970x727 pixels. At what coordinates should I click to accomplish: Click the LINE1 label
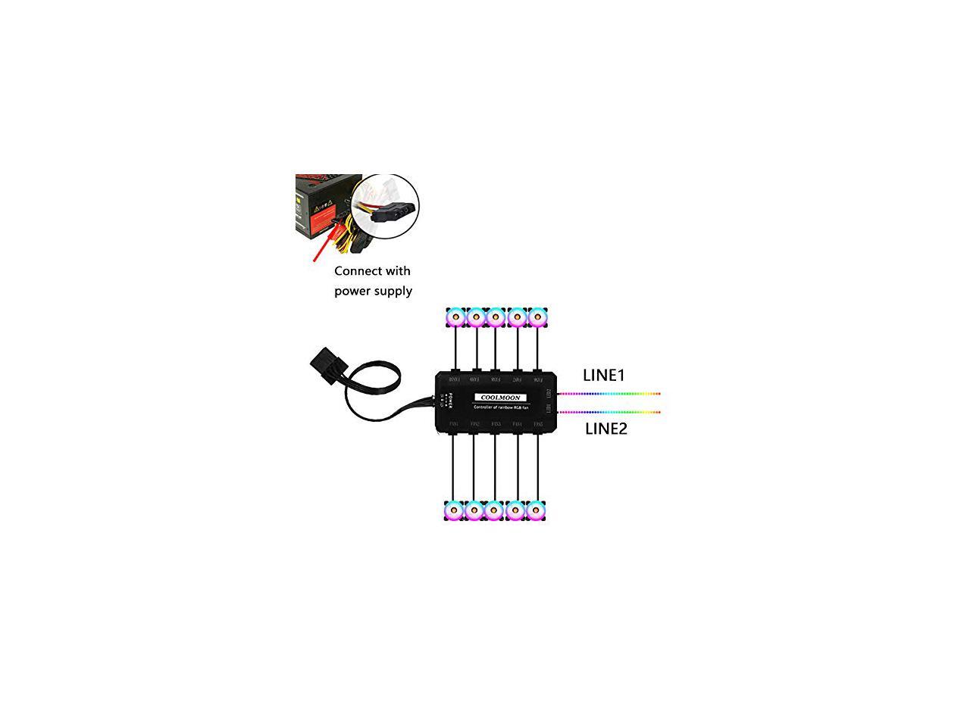[x=603, y=375]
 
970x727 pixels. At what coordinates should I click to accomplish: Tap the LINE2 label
[x=605, y=429]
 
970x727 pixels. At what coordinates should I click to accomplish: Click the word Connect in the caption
[x=360, y=271]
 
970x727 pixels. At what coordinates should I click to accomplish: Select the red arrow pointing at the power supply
[x=324, y=245]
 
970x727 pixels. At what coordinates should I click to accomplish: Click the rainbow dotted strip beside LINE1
[x=610, y=394]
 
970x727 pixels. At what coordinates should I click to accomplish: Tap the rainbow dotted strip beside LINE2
[x=610, y=413]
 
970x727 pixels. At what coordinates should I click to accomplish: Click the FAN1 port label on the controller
[x=454, y=424]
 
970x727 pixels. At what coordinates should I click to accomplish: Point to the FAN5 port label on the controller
[x=538, y=424]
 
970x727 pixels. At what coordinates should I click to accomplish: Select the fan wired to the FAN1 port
[x=453, y=512]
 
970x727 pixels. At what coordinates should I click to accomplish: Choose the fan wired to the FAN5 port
[x=537, y=512]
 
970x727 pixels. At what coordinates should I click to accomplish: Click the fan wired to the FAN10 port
[x=455, y=317]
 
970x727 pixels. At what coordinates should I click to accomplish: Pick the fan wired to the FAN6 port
[x=537, y=317]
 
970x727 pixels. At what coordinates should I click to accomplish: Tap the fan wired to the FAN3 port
[x=495, y=512]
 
